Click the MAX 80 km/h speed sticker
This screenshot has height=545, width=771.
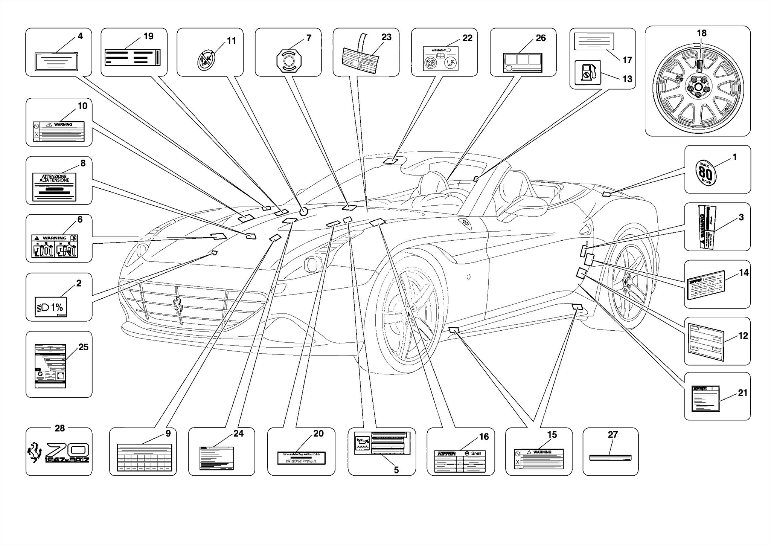[x=705, y=173]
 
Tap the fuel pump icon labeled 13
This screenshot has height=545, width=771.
[x=587, y=72]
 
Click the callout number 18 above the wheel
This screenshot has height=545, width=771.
[x=701, y=33]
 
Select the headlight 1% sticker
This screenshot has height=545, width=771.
[x=51, y=307]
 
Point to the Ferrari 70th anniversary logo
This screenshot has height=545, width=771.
[x=59, y=452]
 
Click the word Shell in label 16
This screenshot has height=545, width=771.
[x=475, y=453]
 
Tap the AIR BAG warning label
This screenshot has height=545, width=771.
[x=440, y=59]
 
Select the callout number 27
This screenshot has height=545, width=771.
[x=613, y=435]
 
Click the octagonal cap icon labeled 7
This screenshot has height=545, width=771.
[x=289, y=60]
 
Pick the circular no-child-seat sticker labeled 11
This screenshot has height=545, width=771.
[x=206, y=60]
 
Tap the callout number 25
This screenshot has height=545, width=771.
[x=83, y=347]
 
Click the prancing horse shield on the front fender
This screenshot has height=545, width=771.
[x=466, y=223]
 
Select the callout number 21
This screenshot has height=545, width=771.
[x=742, y=393]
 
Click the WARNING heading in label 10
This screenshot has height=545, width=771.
[x=63, y=124]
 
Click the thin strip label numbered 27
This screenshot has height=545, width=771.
[x=610, y=458]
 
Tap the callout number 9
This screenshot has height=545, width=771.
[x=168, y=434]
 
